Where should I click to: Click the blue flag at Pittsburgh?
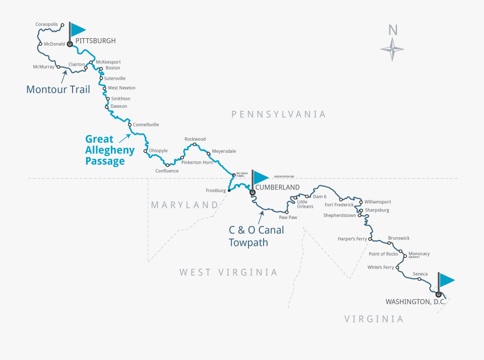click(78, 30)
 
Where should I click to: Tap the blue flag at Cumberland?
click(260, 177)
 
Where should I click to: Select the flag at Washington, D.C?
click(446, 280)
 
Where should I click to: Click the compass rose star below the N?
click(392, 50)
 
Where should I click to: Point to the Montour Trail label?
click(58, 90)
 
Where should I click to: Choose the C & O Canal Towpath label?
click(257, 236)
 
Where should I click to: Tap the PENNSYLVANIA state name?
click(279, 114)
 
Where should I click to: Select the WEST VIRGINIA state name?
click(229, 272)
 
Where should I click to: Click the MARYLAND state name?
click(184, 205)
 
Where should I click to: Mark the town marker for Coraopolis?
click(63, 25)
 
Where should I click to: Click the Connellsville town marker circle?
click(130, 125)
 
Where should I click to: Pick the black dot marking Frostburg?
click(229, 190)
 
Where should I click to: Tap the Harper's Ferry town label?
click(352, 238)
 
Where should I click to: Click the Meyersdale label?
click(224, 151)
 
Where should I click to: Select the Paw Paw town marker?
click(287, 212)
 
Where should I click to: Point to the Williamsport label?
click(378, 202)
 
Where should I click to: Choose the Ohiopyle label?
click(158, 151)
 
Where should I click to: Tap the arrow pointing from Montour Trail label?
click(63, 76)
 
